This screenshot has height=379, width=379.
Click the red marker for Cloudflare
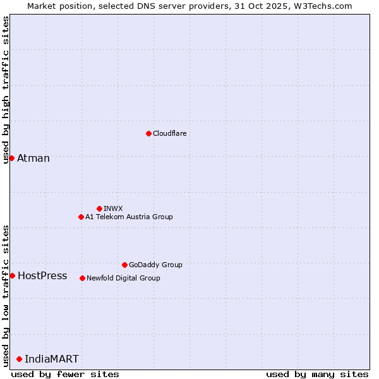pos(148,133)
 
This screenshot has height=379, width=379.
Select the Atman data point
pos(11,158)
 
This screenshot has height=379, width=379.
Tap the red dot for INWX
pos(99,208)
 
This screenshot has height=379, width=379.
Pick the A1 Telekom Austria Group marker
pos(81,217)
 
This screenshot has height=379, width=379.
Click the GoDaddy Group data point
pos(124,265)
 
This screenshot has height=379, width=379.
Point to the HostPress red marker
pos(12,275)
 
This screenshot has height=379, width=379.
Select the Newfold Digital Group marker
pos(82,278)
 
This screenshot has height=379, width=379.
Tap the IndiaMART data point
pos(19,359)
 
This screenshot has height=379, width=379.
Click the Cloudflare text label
pos(170,133)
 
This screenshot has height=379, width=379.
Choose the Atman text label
pos(33,158)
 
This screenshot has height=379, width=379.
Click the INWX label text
pos(113,208)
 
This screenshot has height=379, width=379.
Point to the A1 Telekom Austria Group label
pos(129,217)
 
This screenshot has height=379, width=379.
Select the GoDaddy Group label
pos(155,265)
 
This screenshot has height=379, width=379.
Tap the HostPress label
pos(42,275)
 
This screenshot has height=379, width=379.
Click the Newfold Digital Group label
pos(123,278)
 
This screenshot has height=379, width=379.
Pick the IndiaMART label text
pos(52,359)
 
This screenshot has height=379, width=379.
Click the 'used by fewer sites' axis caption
pos(65,374)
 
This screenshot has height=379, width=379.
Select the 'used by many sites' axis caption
pos(317,374)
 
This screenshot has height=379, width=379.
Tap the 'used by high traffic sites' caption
pos(6,90)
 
